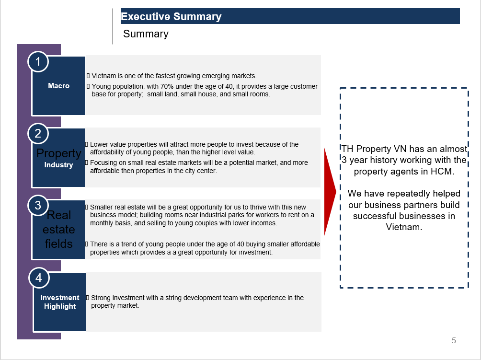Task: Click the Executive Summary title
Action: pos(171,17)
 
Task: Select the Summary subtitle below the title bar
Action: pos(146,34)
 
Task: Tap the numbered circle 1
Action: pos(38,62)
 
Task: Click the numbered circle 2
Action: pos(38,134)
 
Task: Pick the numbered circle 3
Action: pos(38,205)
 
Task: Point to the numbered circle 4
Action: pos(39,278)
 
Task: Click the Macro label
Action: pos(58,86)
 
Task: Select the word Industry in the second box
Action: pos(58,165)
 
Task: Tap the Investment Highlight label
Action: pos(60,302)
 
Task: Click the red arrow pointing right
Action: pos(330,192)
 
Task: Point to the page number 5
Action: pos(454,340)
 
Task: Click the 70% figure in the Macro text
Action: pos(167,87)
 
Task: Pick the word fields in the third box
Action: pos(58,244)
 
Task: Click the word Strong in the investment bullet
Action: pos(101,298)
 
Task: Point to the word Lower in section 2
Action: pos(98,144)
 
